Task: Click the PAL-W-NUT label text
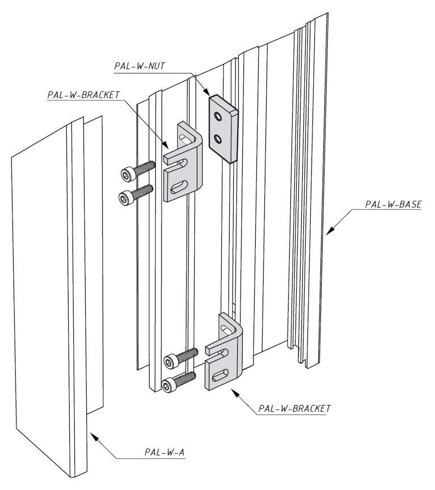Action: [x=139, y=66]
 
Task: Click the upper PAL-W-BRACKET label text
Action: [x=83, y=95]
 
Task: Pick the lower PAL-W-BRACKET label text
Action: [x=294, y=408]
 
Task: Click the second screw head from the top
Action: [x=125, y=197]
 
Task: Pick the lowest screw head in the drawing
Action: [x=168, y=386]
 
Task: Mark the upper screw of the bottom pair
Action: [x=170, y=361]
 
